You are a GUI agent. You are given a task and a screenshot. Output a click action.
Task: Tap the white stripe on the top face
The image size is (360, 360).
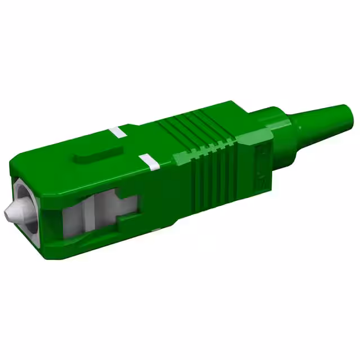(x=118, y=133)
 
